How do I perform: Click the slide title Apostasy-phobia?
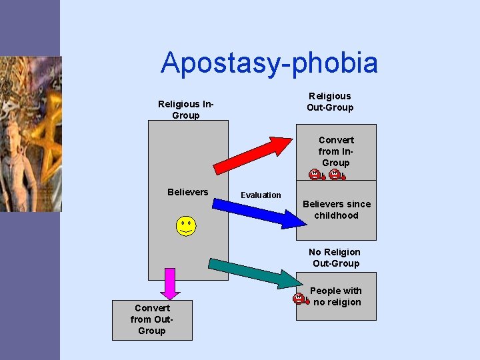[x=269, y=63]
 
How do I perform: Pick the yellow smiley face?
[x=186, y=226]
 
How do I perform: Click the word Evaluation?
[x=261, y=195]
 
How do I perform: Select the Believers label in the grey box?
[x=187, y=192]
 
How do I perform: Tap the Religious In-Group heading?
[x=185, y=109]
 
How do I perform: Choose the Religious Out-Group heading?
[x=330, y=101]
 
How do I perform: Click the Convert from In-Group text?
[x=336, y=151]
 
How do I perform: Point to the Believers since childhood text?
[x=337, y=209]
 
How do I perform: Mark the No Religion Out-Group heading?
[x=335, y=257]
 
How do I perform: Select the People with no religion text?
[x=337, y=296]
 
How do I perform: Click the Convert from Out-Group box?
[x=152, y=320]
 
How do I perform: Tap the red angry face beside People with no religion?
[x=300, y=299]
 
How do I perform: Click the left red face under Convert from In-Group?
[x=315, y=175]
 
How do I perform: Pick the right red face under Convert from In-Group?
[x=337, y=175]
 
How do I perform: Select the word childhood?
[x=337, y=215]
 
